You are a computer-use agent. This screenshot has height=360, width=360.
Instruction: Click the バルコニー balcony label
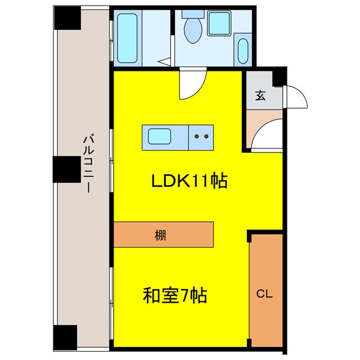87,164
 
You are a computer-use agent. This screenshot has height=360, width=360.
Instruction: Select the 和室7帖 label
175,294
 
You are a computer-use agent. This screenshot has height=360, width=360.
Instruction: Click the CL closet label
265,293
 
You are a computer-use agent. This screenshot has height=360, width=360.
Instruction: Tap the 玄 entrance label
260,95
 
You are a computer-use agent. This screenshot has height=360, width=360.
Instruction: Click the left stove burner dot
196,136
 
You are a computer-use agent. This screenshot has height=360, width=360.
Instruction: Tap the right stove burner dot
206,136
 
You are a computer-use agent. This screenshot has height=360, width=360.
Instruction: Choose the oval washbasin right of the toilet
243,51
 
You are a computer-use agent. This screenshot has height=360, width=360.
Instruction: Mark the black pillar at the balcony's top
67,18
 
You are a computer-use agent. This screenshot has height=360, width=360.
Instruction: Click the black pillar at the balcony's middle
67,169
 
